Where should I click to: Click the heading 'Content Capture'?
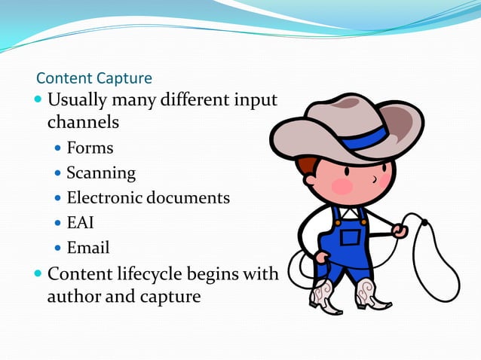94,78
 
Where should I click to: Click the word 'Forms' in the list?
90,148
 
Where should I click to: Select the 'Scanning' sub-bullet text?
101,173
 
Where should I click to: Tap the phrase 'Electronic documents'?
148,198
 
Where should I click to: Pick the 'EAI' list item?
80,223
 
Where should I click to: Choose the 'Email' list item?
88,248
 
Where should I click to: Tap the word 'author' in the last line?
73,296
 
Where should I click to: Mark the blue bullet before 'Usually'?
38,100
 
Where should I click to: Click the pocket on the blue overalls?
351,238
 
